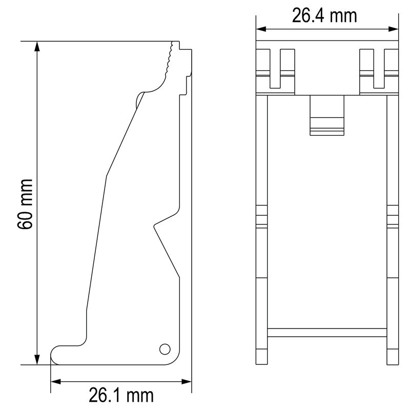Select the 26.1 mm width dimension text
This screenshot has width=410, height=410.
121,395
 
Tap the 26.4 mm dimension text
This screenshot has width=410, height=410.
324,15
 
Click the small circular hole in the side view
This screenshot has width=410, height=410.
164,348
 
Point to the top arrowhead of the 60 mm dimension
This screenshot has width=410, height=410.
37,46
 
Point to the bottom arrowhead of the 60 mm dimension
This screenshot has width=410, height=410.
37,360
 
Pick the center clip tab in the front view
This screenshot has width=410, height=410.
326,115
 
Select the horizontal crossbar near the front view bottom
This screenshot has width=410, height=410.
327,332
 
